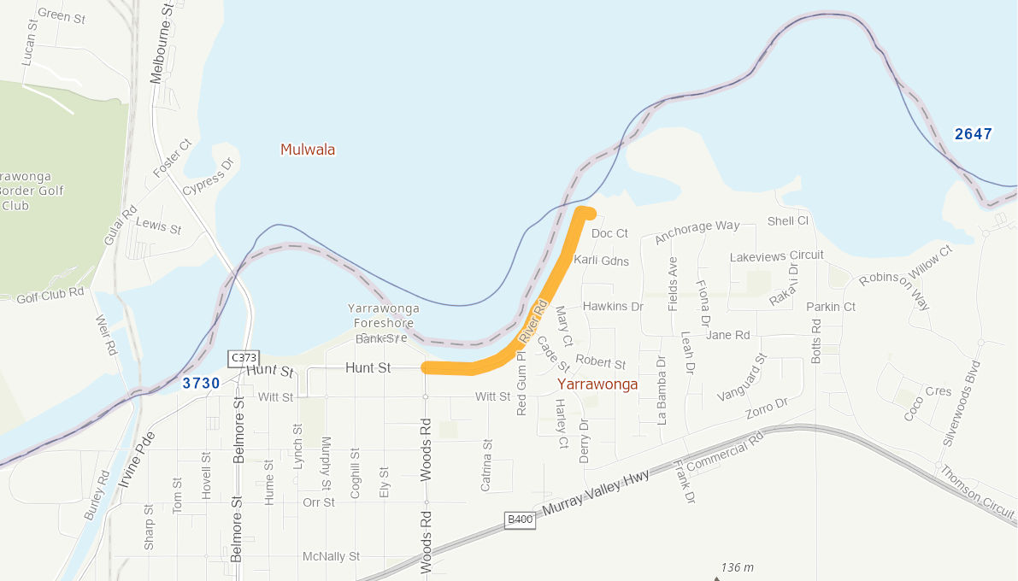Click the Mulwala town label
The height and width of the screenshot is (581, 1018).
click(308, 150)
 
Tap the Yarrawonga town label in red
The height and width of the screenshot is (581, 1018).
click(597, 384)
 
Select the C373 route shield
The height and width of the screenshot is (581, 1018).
click(243, 357)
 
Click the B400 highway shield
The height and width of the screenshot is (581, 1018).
click(520, 519)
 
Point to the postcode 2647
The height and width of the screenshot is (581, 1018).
click(974, 134)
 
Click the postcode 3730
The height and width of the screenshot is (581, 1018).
click(201, 384)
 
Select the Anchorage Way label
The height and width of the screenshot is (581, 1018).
click(697, 232)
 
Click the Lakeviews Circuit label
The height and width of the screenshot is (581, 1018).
click(776, 255)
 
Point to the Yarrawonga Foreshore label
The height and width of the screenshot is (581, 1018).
click(384, 315)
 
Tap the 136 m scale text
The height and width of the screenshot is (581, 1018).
click(737, 567)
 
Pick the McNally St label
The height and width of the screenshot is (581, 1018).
click(331, 556)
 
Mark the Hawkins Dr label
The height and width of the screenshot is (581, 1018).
click(612, 306)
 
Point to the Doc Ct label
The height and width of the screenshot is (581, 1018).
click(609, 233)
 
